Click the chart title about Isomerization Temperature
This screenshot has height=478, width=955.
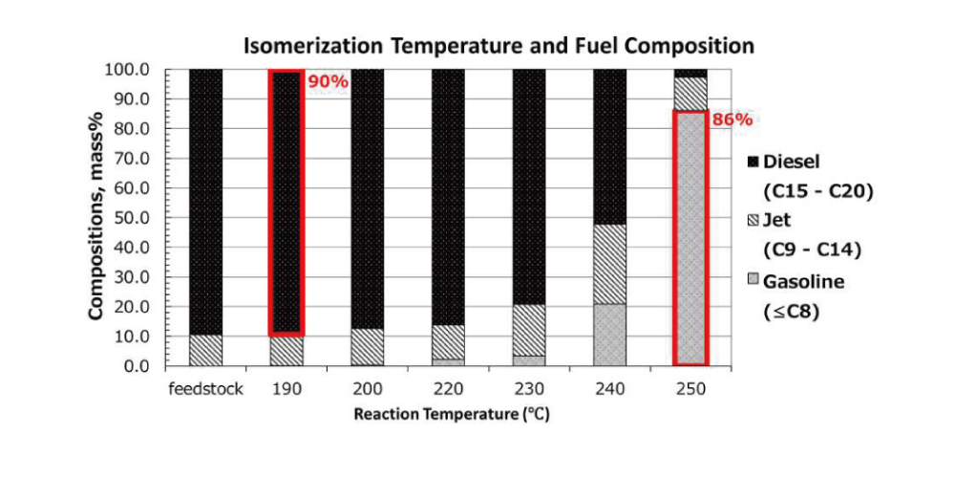coord(499,46)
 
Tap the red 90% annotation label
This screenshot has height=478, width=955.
coord(327,81)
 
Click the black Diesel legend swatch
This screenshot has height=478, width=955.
coord(753,163)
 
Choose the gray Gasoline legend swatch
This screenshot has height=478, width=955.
coord(753,281)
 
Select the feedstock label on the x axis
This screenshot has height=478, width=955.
coord(206,389)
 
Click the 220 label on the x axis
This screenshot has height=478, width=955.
coord(448,389)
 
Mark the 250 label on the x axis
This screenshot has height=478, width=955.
coord(690,389)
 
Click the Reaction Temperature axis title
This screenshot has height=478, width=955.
coord(452,415)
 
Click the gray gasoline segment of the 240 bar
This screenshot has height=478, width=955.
coord(609,335)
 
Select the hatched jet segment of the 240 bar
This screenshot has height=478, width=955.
coord(609,264)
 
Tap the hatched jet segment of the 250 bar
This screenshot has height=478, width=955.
coord(690,94)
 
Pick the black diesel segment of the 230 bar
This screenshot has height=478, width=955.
coord(529,186)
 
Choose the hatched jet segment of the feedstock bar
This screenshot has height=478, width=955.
coord(206,350)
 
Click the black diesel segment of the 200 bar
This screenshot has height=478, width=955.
coord(368,199)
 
